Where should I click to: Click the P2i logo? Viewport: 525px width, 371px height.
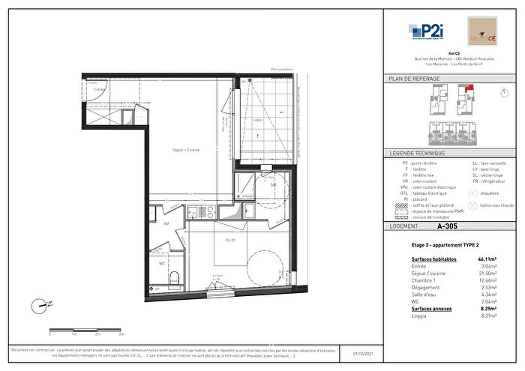[425, 31]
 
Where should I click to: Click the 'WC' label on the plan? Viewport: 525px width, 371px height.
[162, 263]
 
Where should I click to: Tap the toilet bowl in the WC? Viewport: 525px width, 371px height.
[173, 279]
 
